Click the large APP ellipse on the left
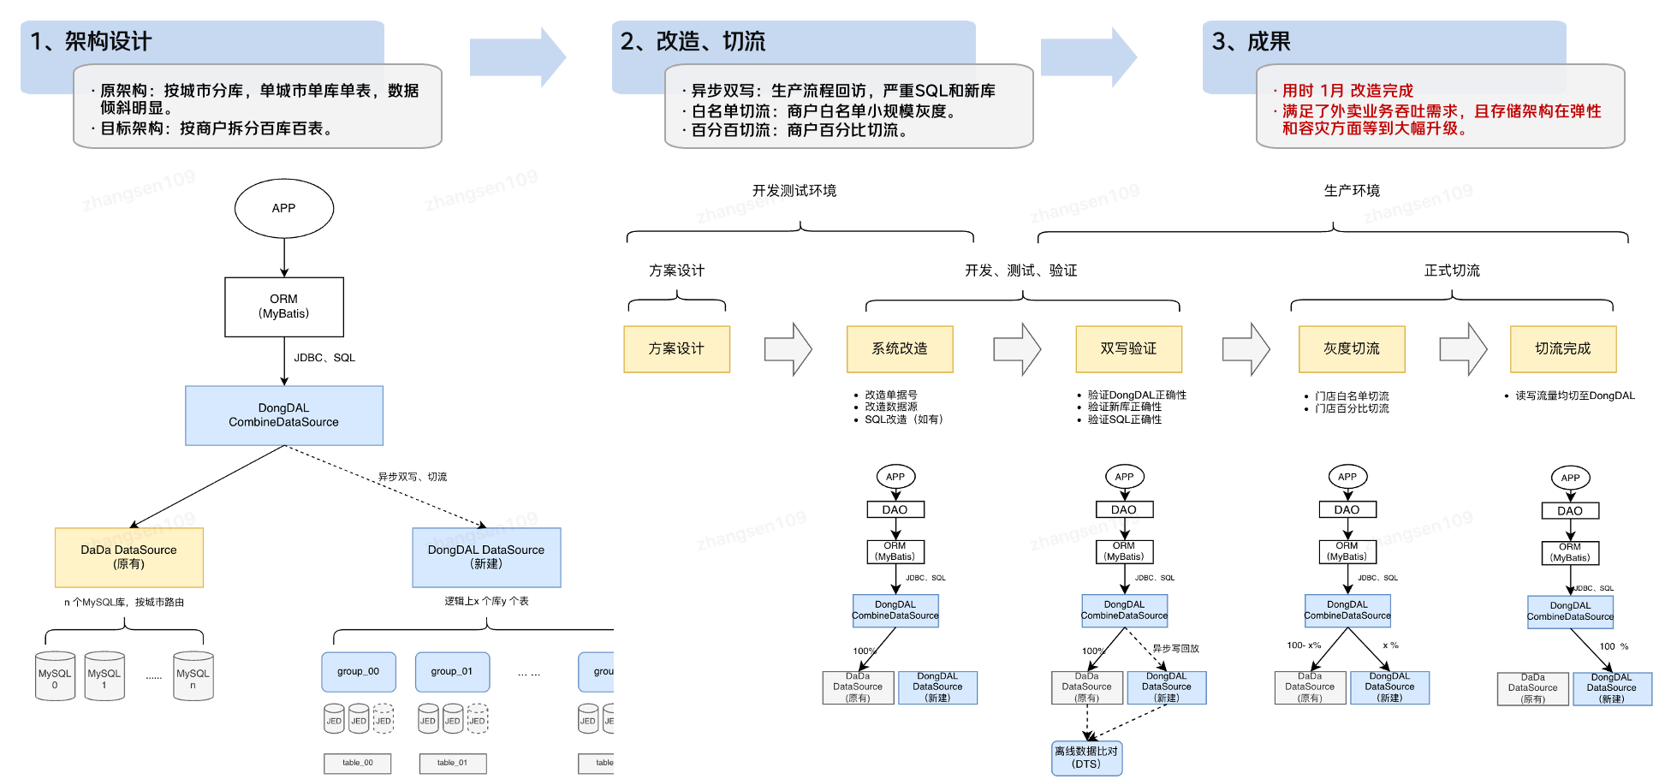click(x=283, y=208)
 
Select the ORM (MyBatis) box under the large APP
click(x=284, y=306)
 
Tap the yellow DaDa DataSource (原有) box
click(x=129, y=556)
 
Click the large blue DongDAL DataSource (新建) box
click(x=486, y=556)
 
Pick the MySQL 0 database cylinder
click(x=55, y=676)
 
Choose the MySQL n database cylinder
click(x=193, y=676)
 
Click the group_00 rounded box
click(x=358, y=672)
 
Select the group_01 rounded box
click(x=452, y=672)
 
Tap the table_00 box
click(x=358, y=763)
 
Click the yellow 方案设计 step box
click(x=676, y=348)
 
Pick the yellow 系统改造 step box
click(x=900, y=348)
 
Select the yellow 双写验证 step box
click(x=1128, y=348)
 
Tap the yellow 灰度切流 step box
click(x=1352, y=348)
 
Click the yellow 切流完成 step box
click(x=1563, y=348)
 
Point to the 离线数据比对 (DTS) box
click(x=1086, y=758)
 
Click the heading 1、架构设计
click(x=92, y=41)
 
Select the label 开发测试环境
click(x=794, y=191)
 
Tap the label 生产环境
click(x=1352, y=191)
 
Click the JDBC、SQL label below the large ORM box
click(x=324, y=358)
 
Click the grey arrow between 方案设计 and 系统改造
click(x=788, y=349)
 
